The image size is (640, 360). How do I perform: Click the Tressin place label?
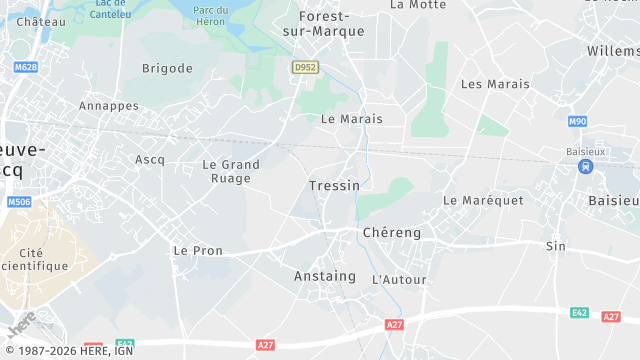334,186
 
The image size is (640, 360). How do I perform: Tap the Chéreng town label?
391,232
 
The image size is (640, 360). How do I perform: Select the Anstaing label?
324,276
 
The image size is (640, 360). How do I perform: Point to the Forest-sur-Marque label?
332,23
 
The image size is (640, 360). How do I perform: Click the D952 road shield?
304,67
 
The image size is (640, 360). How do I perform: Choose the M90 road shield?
577,121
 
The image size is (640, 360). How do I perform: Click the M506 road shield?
18,202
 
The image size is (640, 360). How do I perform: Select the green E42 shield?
579,312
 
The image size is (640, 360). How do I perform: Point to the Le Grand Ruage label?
231,171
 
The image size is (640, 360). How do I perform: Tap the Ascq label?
149,159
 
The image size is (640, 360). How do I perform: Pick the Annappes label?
108,105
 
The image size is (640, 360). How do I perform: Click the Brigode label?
167,68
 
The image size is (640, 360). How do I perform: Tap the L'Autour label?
399,280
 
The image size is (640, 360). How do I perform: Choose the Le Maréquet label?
483,200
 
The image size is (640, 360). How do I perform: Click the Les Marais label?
495,84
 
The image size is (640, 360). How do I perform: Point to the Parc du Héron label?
211,16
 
